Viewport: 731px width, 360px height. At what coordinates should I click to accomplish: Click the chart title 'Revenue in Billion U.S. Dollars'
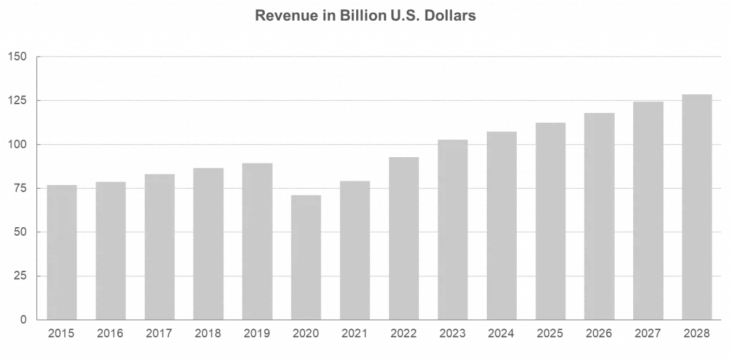(x=365, y=16)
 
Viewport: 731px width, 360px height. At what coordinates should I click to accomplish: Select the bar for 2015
(x=61, y=251)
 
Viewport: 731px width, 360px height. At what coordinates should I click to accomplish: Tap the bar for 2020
(x=306, y=256)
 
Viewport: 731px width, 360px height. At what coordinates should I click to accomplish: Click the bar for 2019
(x=257, y=240)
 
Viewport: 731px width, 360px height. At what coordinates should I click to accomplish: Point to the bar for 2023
(x=452, y=229)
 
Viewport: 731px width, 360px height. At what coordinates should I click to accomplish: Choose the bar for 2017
(x=159, y=246)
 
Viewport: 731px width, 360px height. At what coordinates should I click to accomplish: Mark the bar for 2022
(x=403, y=237)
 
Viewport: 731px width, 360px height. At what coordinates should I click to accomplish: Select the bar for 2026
(x=599, y=216)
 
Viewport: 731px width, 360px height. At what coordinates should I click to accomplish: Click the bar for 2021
(x=355, y=249)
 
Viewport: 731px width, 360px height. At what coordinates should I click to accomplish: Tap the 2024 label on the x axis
(x=501, y=332)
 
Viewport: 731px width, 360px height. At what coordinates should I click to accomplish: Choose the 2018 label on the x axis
(x=208, y=332)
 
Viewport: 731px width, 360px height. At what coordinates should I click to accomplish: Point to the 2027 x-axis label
(x=647, y=332)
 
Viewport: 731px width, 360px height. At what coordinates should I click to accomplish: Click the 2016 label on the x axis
(x=110, y=332)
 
